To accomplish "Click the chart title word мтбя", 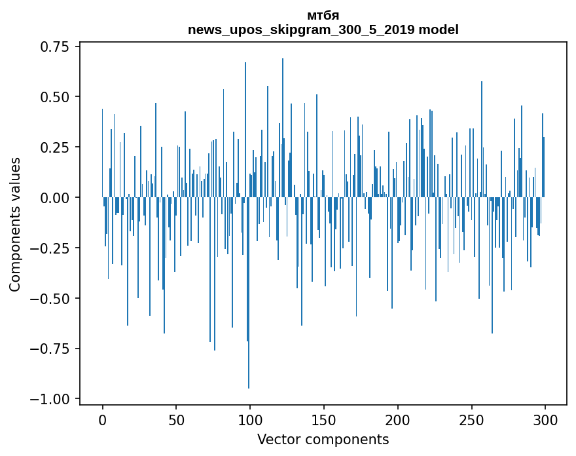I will click(x=323, y=16).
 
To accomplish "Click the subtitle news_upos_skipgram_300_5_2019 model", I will click(x=323, y=29).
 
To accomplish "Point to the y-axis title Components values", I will click(x=15, y=224).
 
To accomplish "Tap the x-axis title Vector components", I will click(x=323, y=440).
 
